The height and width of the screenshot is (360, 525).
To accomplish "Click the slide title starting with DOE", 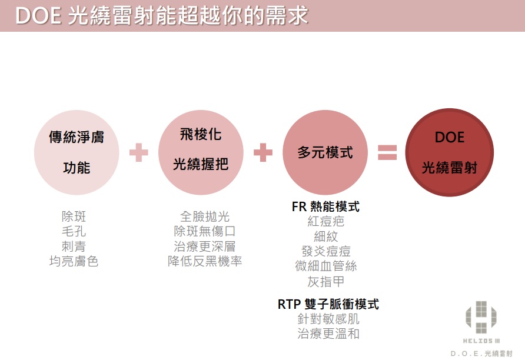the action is point(161,15).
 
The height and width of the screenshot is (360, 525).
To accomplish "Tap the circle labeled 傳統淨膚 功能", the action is point(77,152).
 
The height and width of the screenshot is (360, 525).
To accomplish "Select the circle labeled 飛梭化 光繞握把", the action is point(201,152).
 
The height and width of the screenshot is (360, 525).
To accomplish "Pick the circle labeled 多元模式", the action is point(325,152).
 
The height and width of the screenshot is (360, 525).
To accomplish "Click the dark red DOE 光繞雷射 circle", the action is point(449,152).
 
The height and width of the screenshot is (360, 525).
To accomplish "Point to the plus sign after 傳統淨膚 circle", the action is point(139,152).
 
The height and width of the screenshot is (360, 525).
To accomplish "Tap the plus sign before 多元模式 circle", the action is point(263,152).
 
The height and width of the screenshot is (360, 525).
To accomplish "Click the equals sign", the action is point(387,152).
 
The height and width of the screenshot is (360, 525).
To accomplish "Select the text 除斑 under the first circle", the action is point(74,216).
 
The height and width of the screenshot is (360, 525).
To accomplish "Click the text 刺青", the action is point(74,246).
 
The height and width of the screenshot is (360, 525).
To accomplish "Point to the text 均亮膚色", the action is point(74,261).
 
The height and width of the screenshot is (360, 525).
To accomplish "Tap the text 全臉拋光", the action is point(205,216).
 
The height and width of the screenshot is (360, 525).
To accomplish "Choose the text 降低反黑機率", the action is point(205,261).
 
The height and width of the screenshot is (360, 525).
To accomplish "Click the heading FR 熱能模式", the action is point(325,206).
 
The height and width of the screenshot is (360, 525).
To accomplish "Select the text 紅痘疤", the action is point(325,221).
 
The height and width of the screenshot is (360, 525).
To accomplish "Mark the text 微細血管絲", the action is point(325,266).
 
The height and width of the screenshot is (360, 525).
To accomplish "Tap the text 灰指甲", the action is point(325,282).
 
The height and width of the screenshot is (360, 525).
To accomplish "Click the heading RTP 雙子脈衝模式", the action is point(328,304).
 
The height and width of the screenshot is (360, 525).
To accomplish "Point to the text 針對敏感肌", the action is point(328,319).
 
